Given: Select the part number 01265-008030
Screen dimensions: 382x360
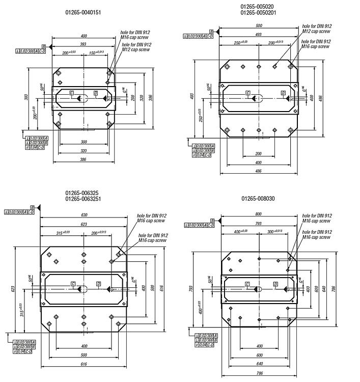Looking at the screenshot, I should point(258,198).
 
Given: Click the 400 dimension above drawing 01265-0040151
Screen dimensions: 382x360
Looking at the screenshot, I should point(84,36).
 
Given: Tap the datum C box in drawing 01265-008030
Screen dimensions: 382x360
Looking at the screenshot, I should point(247,284).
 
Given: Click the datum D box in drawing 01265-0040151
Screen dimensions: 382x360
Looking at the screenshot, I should point(96,93).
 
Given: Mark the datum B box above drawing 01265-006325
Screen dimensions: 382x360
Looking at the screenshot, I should point(33,208).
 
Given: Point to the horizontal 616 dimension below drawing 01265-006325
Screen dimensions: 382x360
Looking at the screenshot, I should point(84,364).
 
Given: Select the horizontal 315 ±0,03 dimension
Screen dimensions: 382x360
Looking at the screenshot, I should point(65,233).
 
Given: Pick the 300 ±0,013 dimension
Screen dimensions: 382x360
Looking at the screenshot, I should point(273,231).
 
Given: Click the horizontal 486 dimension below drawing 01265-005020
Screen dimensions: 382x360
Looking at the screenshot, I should point(258,171).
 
